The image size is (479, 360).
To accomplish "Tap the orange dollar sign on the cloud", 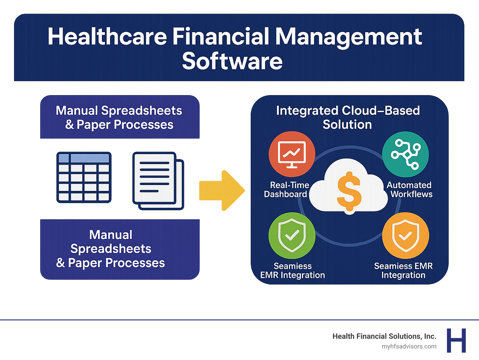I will pos(349,191).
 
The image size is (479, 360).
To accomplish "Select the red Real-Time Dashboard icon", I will pos(292,154).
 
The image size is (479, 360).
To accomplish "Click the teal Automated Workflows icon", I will pos(405,154).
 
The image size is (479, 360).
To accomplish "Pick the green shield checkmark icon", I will pos(292,236).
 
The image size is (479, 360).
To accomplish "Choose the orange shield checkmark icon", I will pos(405,236).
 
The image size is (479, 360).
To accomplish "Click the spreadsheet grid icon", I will pos(84,177).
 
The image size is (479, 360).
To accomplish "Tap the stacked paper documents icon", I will pos(158,180).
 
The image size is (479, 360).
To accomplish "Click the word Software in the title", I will pos(232,61).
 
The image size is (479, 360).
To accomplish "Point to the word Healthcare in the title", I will pos(107,37).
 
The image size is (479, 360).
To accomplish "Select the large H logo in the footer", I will pos(456,340).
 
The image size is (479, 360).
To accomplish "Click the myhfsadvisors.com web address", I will pos(409,346).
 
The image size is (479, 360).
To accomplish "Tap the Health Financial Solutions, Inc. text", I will pos(384,336).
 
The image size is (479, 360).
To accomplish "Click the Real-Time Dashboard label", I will pos(286,190).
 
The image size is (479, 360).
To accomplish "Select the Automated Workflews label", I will pos(410,190).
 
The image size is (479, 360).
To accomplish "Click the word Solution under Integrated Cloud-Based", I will pos(347,124).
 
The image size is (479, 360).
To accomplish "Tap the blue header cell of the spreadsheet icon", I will pos(90,158).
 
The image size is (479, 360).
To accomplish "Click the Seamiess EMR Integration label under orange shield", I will pos(403,270).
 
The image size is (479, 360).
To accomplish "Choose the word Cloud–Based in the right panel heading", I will pos(381,110).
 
